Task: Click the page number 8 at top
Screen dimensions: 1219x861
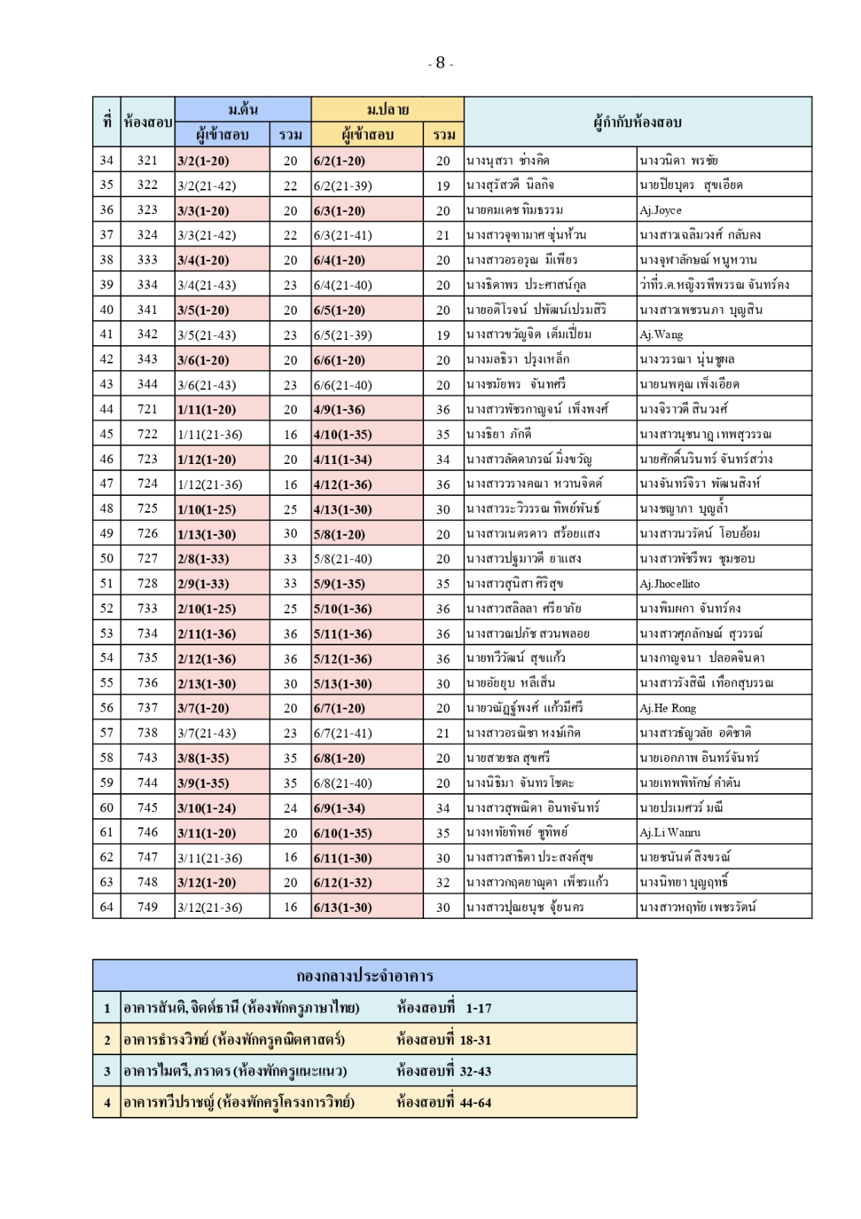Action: (440, 63)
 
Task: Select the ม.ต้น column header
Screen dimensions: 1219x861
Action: (243, 109)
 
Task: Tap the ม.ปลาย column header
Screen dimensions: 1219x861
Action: (387, 109)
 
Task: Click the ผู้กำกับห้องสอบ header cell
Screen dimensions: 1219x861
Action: (637, 122)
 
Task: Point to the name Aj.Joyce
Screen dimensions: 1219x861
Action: (660, 210)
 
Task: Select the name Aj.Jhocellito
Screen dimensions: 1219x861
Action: (669, 584)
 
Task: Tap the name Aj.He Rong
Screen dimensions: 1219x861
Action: (668, 708)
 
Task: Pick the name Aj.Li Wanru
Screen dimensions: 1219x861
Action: (670, 833)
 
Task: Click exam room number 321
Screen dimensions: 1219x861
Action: (148, 161)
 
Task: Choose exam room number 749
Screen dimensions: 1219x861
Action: (148, 907)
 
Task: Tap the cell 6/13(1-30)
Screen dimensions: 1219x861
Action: (343, 907)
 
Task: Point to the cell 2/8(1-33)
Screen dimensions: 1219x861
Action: (203, 558)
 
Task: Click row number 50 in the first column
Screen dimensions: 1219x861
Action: (107, 558)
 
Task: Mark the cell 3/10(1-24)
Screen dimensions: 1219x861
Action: (207, 808)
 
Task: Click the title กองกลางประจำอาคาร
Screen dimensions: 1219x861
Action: (365, 976)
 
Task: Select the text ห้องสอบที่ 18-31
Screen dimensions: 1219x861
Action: (444, 1039)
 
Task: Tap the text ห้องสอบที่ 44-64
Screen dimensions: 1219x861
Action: (444, 1102)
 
